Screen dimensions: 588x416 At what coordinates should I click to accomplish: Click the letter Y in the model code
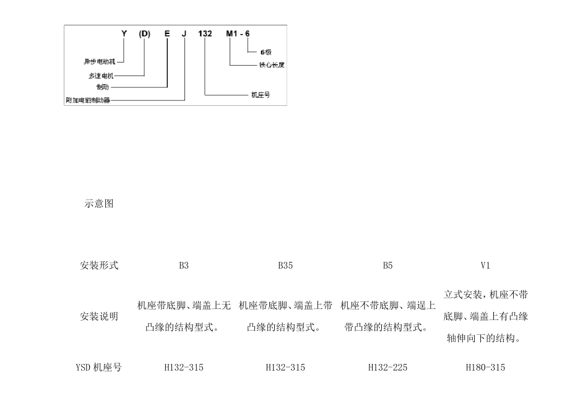tap(124, 33)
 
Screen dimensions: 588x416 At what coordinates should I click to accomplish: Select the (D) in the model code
tap(145, 33)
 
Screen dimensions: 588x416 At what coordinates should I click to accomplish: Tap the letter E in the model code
tap(166, 33)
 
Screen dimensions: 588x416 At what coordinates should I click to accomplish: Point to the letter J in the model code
tap(184, 33)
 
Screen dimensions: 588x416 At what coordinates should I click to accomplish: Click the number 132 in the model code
tap(205, 33)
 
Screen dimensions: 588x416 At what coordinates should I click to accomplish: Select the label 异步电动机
tap(99, 61)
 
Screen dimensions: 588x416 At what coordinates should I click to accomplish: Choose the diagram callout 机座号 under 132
tap(260, 95)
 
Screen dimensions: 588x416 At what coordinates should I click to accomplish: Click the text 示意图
tap(98, 204)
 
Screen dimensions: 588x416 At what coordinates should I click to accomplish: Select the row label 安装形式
tap(99, 266)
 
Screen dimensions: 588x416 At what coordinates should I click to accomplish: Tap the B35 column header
tap(285, 266)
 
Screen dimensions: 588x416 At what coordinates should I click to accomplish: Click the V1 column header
tap(485, 266)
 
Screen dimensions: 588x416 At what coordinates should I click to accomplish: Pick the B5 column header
tap(387, 266)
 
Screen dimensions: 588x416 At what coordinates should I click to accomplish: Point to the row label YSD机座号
tap(98, 368)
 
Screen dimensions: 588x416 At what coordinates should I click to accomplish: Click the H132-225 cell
tap(387, 368)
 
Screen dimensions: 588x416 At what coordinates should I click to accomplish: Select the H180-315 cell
tap(485, 368)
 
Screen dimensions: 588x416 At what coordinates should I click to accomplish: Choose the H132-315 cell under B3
tap(184, 368)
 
